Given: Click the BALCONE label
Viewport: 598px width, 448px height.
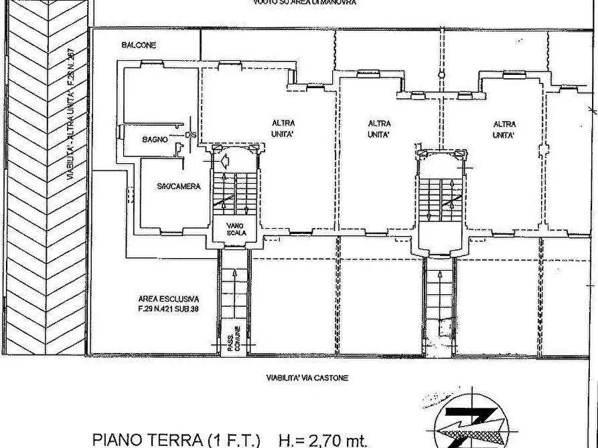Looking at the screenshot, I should [139, 45].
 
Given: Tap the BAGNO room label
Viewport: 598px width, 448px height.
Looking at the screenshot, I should [154, 140].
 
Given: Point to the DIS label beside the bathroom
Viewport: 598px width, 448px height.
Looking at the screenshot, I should [191, 136].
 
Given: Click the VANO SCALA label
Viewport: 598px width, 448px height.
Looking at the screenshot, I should [236, 229].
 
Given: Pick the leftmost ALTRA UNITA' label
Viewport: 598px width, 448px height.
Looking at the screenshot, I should [283, 128].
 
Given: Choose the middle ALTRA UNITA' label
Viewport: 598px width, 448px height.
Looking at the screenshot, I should [380, 128].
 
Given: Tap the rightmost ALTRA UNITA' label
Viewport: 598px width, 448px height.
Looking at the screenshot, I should [504, 128].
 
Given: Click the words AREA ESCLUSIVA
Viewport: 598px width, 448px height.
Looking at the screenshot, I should [168, 300].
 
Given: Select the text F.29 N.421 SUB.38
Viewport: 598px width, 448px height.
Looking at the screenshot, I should [168, 309].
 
